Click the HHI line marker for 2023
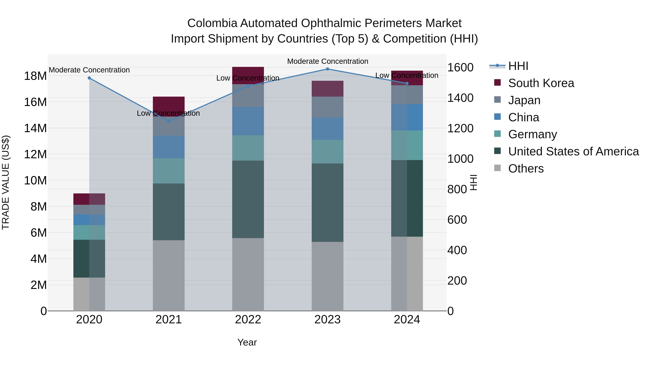tap(328, 69)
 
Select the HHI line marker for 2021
tap(169, 121)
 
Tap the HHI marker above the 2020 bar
tap(89, 78)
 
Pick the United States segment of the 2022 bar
tap(248, 199)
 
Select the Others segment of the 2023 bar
tap(328, 276)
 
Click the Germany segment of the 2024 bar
tap(407, 145)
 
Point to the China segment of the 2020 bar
tap(89, 220)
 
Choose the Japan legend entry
tap(524, 100)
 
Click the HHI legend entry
tap(518, 66)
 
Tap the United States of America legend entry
tap(573, 151)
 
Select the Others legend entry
tap(526, 169)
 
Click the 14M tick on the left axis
tap(35, 128)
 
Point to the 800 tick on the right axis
tap(457, 189)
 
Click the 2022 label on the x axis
tap(248, 320)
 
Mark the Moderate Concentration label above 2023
tap(328, 61)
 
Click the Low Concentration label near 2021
tap(168, 113)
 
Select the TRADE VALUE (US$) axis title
tap(6, 182)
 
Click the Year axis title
tap(247, 342)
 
